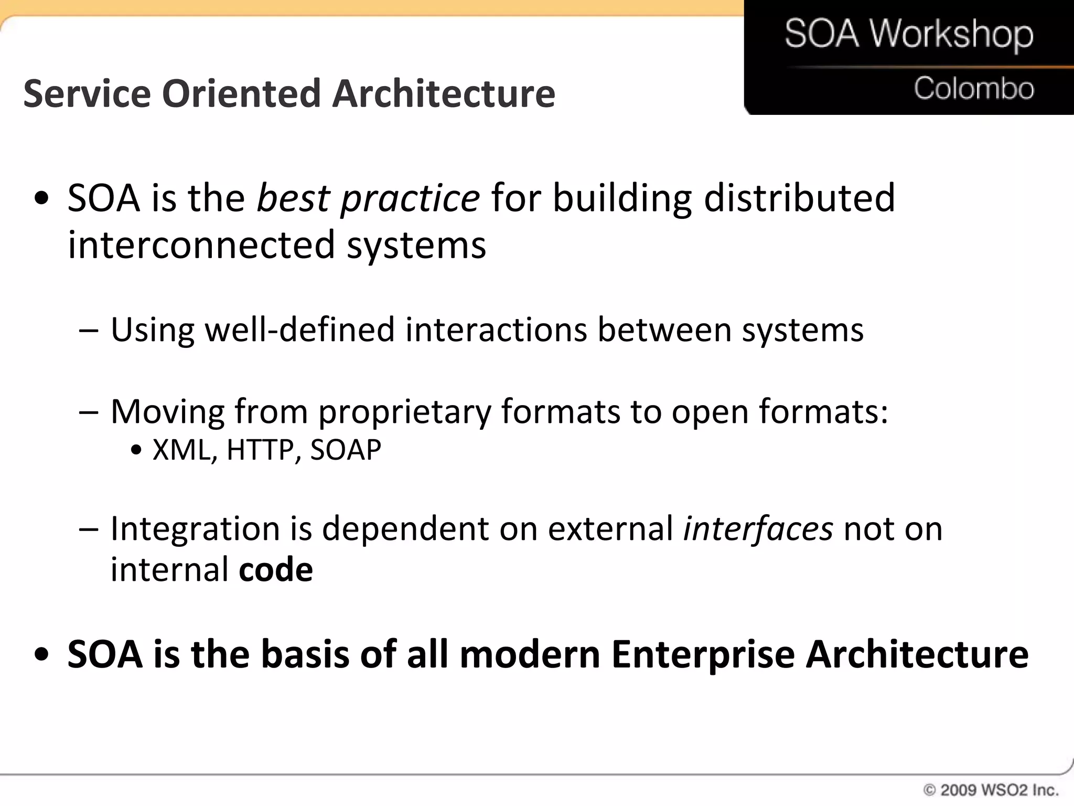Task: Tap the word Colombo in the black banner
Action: tap(974, 88)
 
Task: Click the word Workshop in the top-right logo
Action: tap(952, 35)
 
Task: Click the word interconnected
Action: tap(201, 245)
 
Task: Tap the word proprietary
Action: tap(404, 412)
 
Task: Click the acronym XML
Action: tap(181, 450)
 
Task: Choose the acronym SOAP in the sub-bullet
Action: tap(345, 450)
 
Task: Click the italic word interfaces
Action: tap(758, 528)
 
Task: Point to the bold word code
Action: tap(276, 570)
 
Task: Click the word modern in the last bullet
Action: tap(530, 654)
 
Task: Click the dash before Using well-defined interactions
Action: tap(89, 331)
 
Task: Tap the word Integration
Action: tap(195, 529)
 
